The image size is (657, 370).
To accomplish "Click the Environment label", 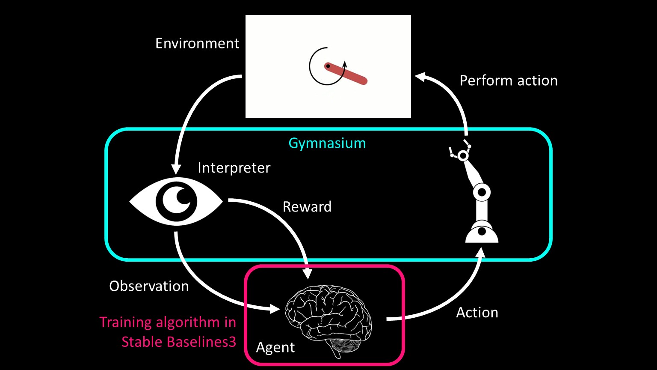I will coord(197,43).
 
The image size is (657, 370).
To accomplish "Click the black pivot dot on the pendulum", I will coord(328,66).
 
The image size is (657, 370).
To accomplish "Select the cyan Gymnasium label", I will coord(327,143).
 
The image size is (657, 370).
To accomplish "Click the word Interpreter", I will coord(234,168).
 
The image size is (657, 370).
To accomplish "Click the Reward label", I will coord(307,207).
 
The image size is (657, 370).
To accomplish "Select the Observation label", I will coord(149,286).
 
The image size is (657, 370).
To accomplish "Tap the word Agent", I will coord(275,347).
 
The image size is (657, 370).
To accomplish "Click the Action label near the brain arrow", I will coord(477,313).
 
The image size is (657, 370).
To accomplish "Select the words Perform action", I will coord(509,81).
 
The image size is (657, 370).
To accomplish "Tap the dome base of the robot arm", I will coord(482,233).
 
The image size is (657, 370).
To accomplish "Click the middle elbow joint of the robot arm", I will coord(482,192).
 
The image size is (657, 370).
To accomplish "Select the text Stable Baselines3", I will coord(179,342).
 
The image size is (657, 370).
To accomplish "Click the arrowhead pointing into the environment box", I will coord(420,77).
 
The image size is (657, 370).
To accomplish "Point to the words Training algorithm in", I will coord(168,322).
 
